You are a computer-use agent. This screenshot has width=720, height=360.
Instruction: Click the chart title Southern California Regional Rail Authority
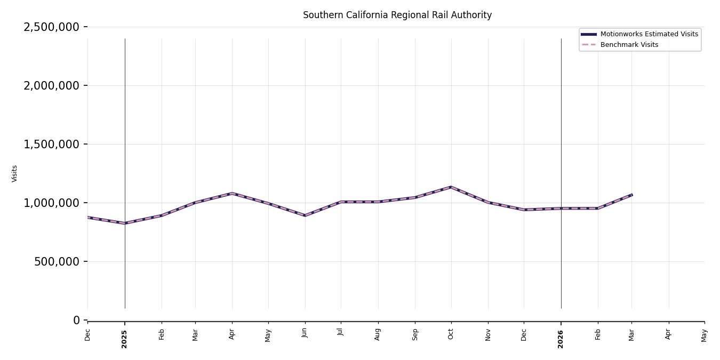point(397,15)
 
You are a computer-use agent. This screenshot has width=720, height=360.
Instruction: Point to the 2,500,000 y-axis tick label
point(51,27)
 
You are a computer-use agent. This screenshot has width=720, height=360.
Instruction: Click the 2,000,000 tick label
point(51,85)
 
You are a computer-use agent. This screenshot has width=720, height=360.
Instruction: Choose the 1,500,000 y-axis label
point(51,145)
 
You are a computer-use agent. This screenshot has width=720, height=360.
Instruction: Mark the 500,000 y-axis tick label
point(57,262)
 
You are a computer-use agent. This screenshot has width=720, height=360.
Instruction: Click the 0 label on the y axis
point(76,320)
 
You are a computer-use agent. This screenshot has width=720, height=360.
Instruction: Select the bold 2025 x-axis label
point(124,339)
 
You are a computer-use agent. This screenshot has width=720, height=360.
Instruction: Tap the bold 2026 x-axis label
point(561,339)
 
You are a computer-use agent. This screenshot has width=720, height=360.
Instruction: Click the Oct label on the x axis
point(451,334)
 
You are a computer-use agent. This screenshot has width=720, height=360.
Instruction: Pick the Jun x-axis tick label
point(305,333)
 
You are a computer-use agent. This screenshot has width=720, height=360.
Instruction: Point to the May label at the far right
point(704,335)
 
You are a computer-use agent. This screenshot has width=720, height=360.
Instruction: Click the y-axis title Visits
point(14,174)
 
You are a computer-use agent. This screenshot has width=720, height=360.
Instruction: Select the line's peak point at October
point(451,187)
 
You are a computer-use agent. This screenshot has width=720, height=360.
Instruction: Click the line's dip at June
point(305,215)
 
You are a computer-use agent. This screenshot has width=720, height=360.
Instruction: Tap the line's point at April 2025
point(232,194)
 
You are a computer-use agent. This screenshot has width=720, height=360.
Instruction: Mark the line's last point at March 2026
point(631,195)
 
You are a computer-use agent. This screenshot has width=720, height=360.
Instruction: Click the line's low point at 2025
point(125,223)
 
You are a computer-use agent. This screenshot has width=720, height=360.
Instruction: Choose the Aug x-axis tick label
point(378,334)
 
